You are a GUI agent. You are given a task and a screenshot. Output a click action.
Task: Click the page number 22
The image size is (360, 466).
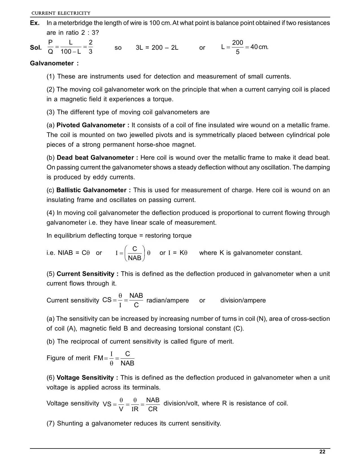click(322, 452)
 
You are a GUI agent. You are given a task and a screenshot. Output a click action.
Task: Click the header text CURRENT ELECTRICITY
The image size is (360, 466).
click(61, 13)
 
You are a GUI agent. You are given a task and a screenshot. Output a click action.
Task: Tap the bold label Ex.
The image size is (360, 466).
click(35, 23)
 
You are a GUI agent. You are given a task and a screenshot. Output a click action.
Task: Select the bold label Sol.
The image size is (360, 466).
click(36, 47)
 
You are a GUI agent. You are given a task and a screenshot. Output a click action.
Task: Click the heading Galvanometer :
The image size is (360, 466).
click(54, 63)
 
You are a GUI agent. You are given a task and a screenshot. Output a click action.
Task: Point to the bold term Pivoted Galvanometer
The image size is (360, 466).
click(91, 125)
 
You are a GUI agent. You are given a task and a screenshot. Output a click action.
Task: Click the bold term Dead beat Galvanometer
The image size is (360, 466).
click(95, 158)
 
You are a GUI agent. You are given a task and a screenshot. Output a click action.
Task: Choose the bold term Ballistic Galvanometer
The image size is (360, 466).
click(91, 190)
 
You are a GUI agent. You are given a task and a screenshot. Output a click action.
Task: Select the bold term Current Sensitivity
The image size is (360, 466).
click(86, 274)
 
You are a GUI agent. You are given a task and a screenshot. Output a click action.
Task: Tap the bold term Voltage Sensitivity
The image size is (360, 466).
click(85, 378)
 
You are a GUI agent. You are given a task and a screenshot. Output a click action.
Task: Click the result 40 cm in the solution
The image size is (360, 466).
click(259, 47)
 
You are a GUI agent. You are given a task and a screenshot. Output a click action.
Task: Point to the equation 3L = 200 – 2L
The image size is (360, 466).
click(157, 47)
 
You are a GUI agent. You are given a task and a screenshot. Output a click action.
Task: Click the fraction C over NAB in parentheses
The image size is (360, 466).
click(135, 253)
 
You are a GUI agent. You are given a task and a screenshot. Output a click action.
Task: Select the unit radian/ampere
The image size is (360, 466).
click(168, 300)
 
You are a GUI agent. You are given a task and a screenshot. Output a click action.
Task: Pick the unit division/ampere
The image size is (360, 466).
click(243, 300)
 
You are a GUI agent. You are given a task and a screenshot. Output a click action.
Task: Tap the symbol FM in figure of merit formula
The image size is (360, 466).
click(99, 358)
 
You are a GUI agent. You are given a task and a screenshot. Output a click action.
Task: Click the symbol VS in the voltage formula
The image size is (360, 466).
click(107, 404)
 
